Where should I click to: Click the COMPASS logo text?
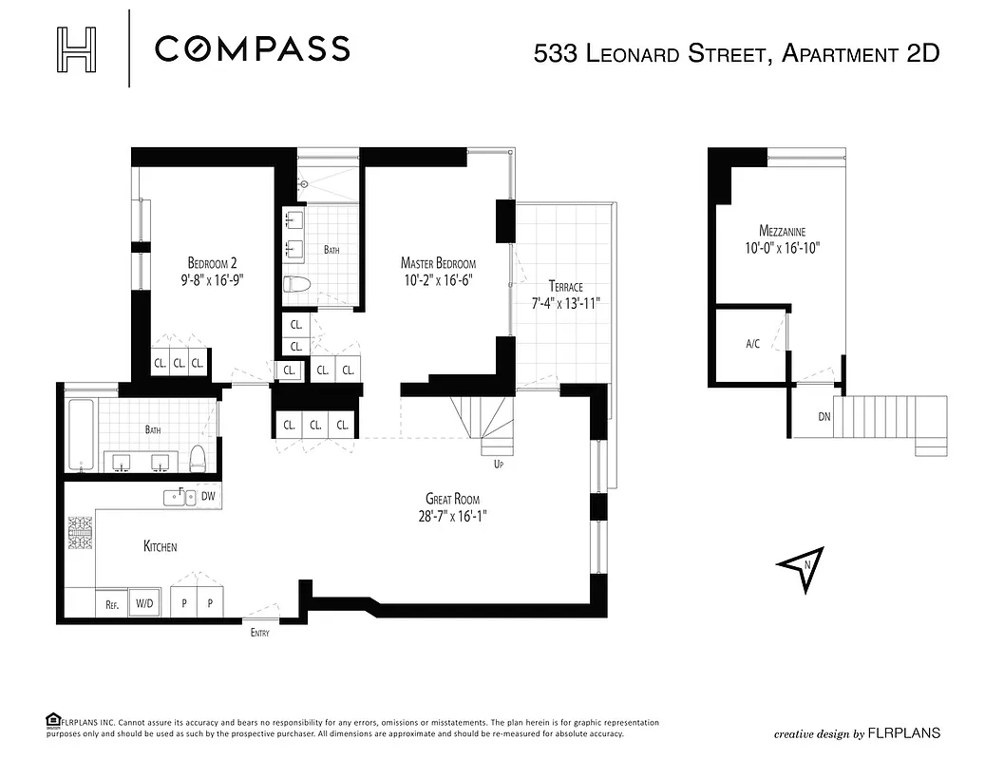252,48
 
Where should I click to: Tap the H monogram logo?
77,48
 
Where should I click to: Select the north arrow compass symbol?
801,568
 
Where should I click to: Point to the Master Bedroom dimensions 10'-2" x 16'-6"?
438,279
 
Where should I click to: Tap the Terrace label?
565,286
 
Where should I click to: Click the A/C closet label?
752,344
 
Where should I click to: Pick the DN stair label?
823,416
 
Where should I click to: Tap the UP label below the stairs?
497,465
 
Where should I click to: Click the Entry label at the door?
260,633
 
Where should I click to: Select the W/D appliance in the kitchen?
144,602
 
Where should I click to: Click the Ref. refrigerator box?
110,602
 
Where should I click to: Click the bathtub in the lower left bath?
81,436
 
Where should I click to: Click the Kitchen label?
160,546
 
